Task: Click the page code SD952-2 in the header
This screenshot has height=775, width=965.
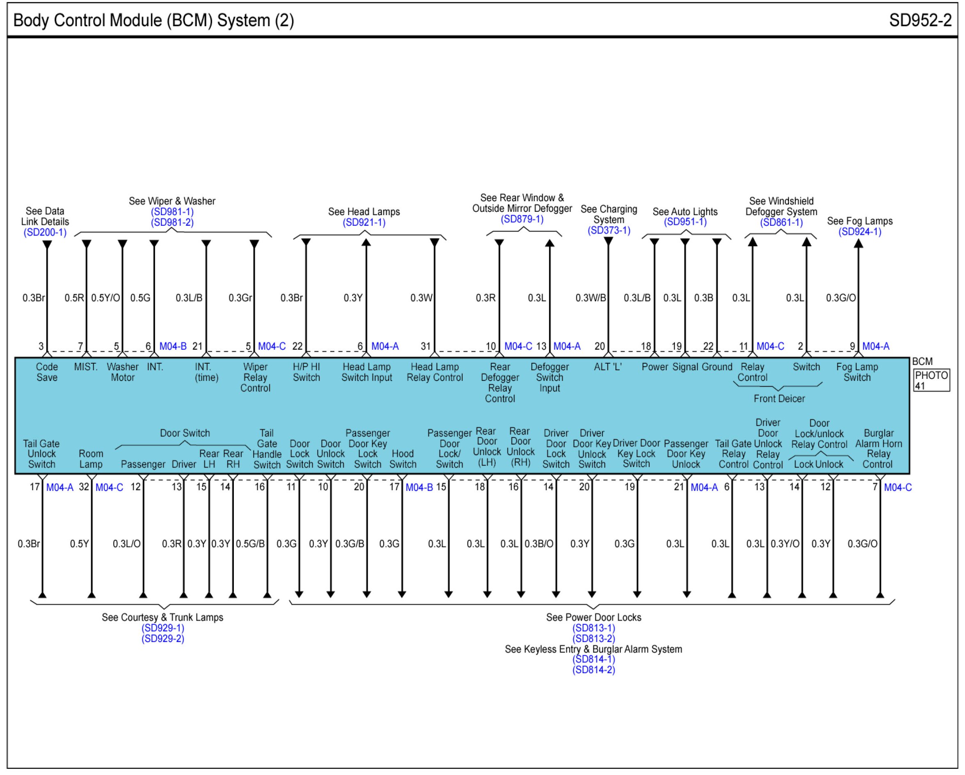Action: (x=920, y=21)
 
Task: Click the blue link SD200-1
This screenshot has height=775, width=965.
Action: (x=45, y=232)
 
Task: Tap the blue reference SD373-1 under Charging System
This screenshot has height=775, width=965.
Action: (x=609, y=230)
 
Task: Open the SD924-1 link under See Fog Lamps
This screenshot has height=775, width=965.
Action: (x=860, y=232)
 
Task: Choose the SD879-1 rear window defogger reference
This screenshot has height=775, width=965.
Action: (x=522, y=219)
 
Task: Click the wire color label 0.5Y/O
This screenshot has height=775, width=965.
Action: (x=105, y=298)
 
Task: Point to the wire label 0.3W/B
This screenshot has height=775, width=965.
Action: (x=590, y=298)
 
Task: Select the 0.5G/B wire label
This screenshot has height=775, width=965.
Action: (x=250, y=543)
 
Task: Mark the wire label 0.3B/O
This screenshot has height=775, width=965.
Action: (x=539, y=543)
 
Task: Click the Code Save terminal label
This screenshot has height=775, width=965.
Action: (x=47, y=372)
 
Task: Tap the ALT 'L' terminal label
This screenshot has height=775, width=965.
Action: (x=607, y=367)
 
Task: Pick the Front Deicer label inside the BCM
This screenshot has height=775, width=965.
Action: (x=779, y=399)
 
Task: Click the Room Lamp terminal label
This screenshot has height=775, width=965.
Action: (x=91, y=459)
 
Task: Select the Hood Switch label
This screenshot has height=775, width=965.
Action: (x=402, y=459)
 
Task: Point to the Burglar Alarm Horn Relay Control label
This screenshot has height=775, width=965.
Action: (x=878, y=449)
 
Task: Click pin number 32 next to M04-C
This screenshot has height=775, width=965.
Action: (x=84, y=487)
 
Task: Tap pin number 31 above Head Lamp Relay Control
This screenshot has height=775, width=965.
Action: (x=425, y=346)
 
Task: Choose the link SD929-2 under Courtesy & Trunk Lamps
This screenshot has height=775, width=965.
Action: (x=163, y=638)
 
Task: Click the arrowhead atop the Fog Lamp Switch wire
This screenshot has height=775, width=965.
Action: (x=858, y=243)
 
